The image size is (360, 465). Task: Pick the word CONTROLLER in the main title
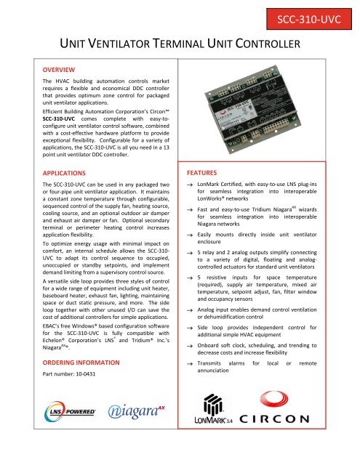[263, 46]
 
